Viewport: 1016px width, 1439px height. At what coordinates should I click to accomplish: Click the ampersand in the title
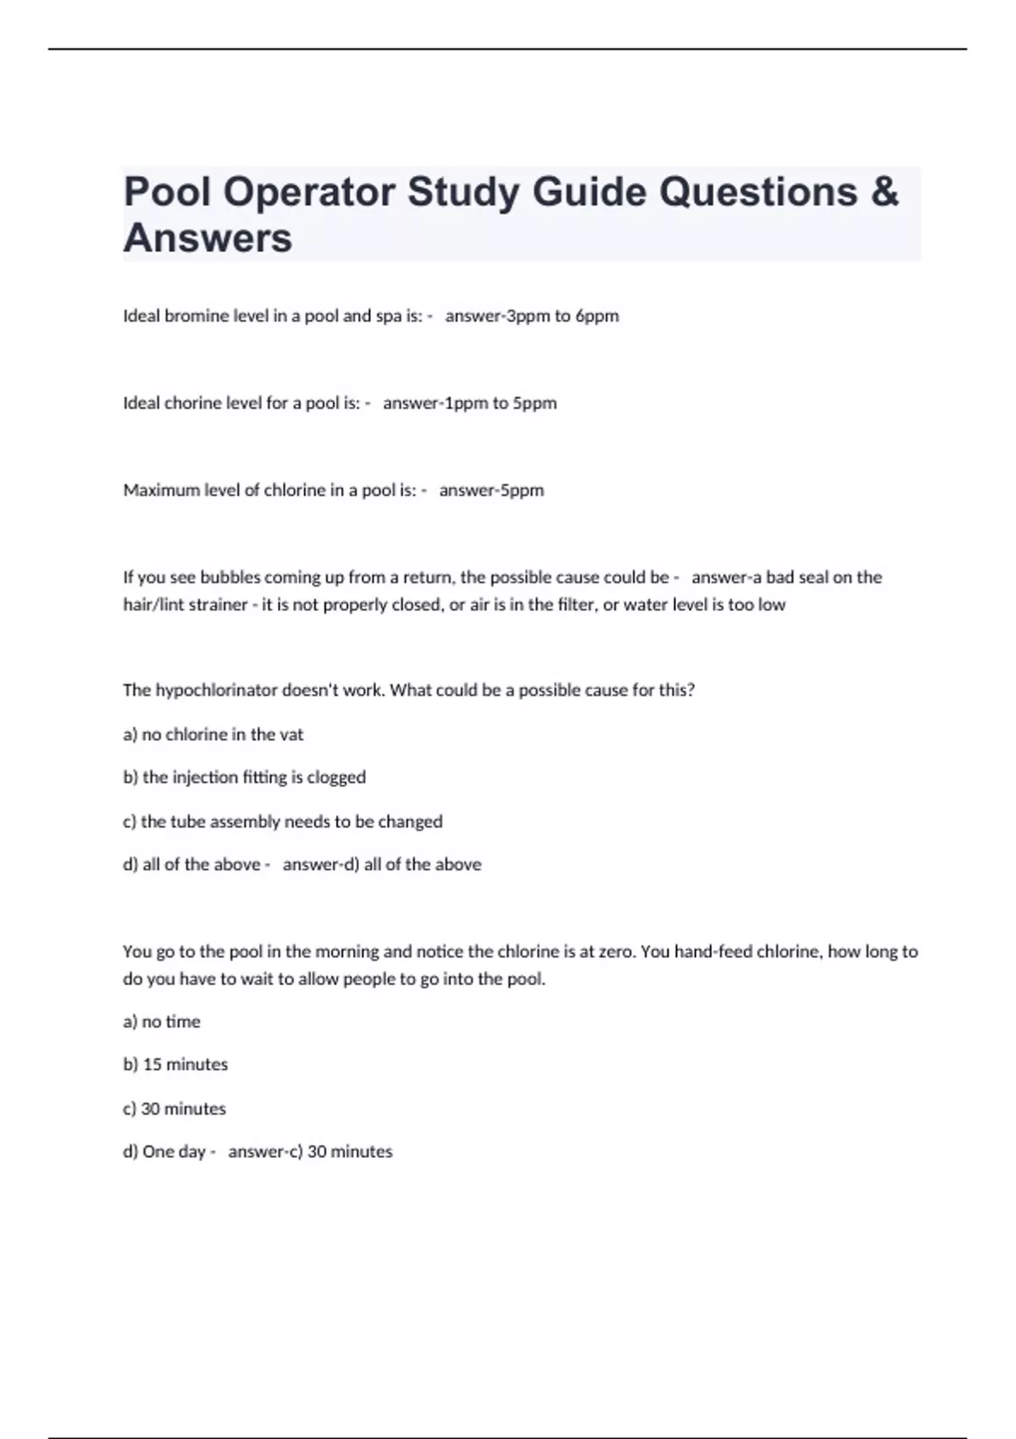(883, 192)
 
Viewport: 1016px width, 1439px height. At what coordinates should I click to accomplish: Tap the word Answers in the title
(207, 238)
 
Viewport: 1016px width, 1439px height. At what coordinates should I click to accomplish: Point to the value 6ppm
(597, 316)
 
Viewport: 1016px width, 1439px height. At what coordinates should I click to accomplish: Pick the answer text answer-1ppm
(435, 403)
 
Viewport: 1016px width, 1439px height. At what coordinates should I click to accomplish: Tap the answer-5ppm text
(491, 490)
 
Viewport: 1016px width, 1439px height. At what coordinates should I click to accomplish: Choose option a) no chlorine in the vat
(213, 735)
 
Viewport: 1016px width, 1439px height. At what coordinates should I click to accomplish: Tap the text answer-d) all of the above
(382, 864)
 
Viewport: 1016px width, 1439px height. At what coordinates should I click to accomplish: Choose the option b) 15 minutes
(175, 1064)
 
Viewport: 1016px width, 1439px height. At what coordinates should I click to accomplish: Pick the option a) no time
(162, 1022)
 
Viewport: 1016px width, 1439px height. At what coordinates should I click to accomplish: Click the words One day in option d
(174, 1151)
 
